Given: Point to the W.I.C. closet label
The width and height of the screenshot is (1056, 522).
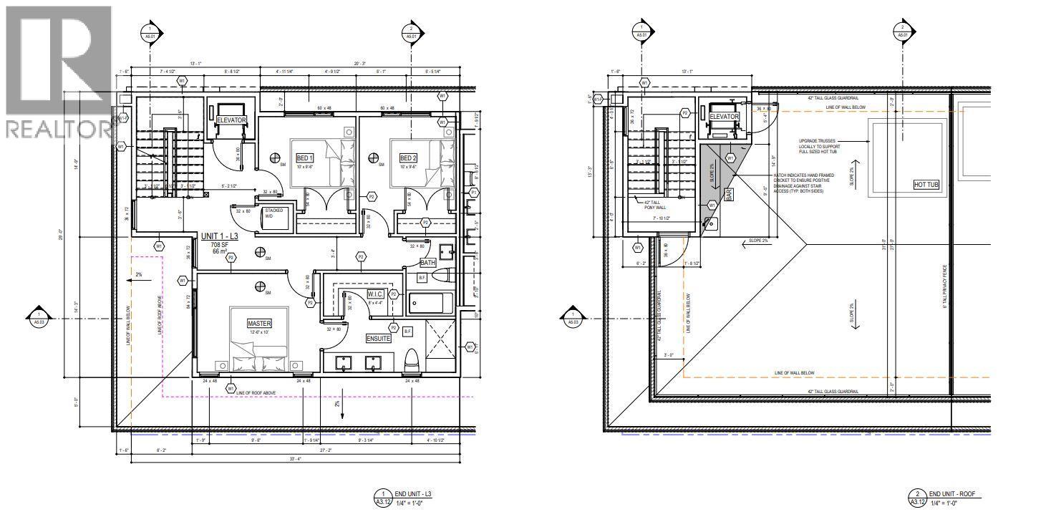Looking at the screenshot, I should [x=375, y=294].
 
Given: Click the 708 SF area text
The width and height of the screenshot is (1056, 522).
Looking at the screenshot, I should [x=220, y=244].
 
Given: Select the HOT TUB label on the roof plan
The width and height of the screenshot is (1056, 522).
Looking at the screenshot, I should [x=926, y=185].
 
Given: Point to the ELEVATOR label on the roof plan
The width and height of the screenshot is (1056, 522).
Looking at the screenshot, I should [x=724, y=117].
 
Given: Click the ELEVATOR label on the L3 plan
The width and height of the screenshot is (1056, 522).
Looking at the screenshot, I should [x=231, y=120].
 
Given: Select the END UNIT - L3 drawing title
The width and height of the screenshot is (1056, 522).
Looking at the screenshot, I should [x=415, y=494].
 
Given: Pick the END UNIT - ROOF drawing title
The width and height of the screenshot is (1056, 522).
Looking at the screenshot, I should [x=954, y=494].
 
